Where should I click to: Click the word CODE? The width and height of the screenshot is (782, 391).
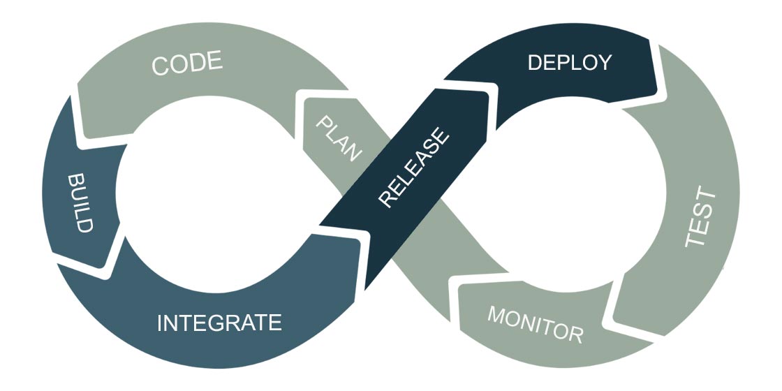point(187,64)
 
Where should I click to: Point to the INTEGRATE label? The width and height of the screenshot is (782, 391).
point(219,323)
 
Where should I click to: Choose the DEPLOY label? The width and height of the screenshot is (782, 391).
point(569,62)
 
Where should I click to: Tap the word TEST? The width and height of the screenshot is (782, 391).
point(700,216)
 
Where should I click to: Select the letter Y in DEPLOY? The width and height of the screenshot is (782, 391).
point(604,62)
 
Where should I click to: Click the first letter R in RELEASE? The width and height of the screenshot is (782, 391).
point(386,198)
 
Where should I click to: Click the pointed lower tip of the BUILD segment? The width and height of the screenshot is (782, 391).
point(108,266)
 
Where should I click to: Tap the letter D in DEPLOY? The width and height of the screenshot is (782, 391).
point(536,62)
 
